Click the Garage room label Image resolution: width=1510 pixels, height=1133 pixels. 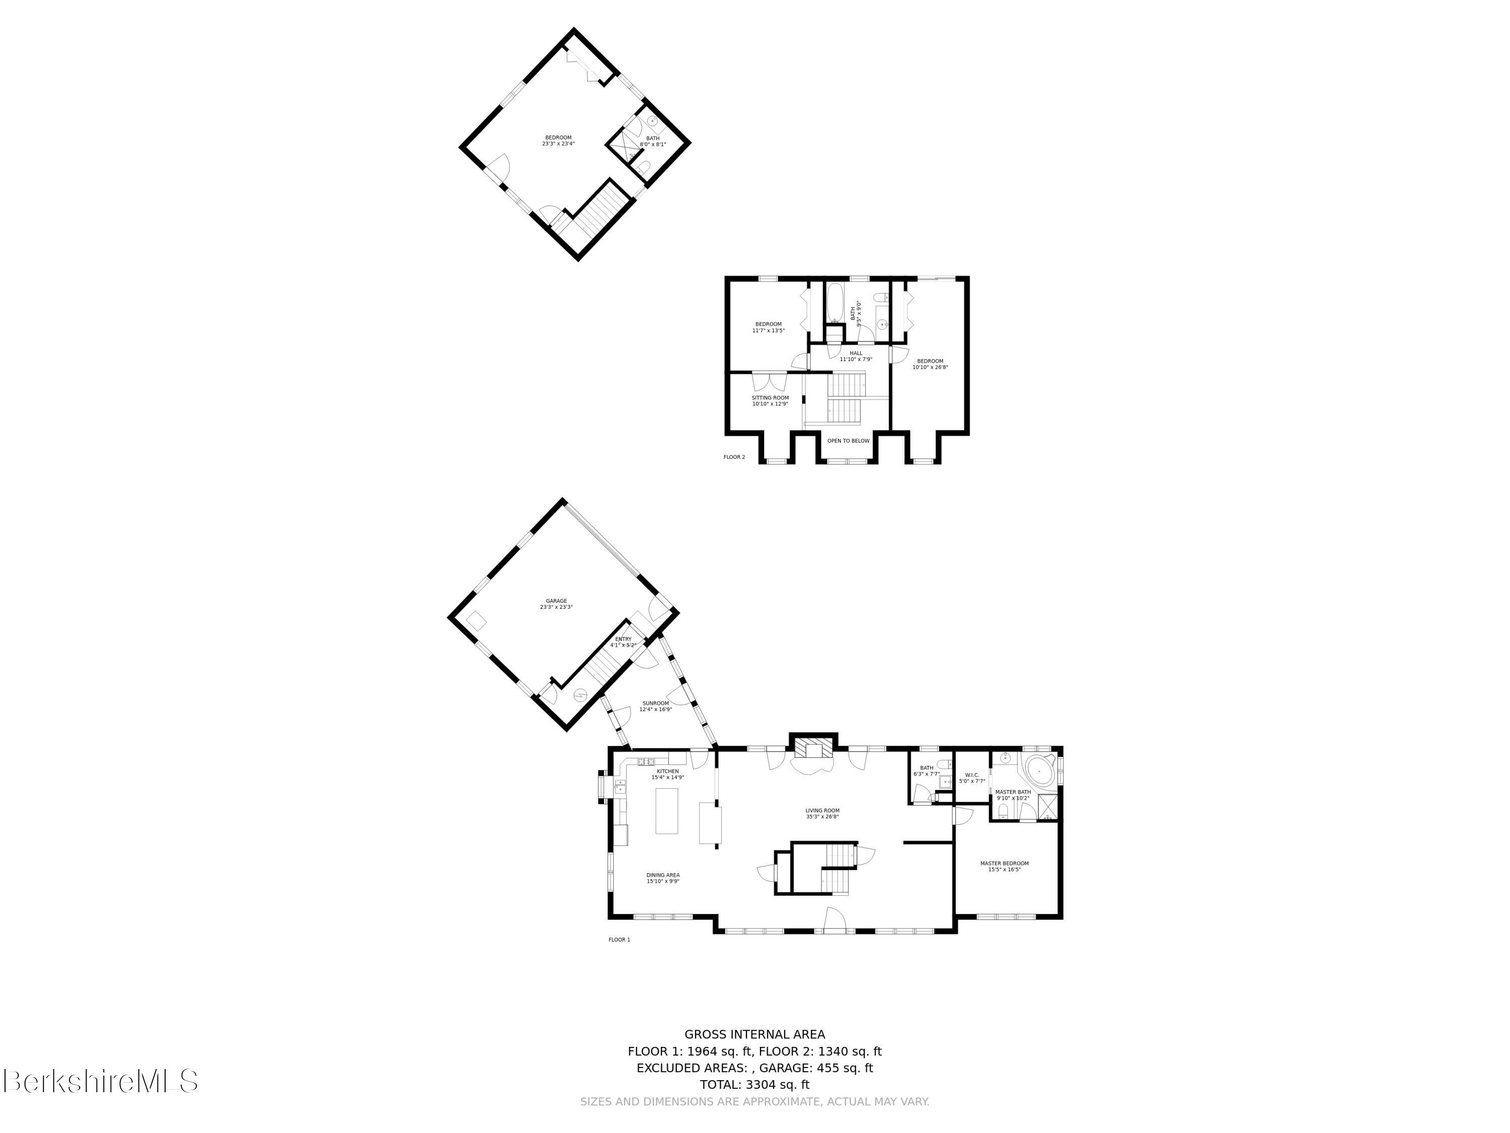pyautogui.click(x=556, y=604)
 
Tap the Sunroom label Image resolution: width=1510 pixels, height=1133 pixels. pyautogui.click(x=655, y=706)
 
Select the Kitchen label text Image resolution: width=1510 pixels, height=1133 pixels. pyautogui.click(x=667, y=774)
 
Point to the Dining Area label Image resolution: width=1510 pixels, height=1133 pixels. pyautogui.click(x=663, y=878)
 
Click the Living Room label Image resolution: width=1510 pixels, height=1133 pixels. pyautogui.click(x=822, y=813)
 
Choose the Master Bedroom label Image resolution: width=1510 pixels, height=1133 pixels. pyautogui.click(x=1004, y=866)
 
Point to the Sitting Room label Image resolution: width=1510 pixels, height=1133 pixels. pyautogui.click(x=770, y=401)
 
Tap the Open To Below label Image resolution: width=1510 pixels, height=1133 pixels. pyautogui.click(x=849, y=441)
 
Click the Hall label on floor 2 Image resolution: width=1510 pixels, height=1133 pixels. pyautogui.click(x=856, y=356)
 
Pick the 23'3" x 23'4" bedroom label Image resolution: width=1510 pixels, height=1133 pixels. pyautogui.click(x=558, y=140)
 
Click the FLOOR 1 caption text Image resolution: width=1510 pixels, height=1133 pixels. pyautogui.click(x=619, y=940)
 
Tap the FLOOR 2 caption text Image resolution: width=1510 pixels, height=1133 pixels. pyautogui.click(x=734, y=457)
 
